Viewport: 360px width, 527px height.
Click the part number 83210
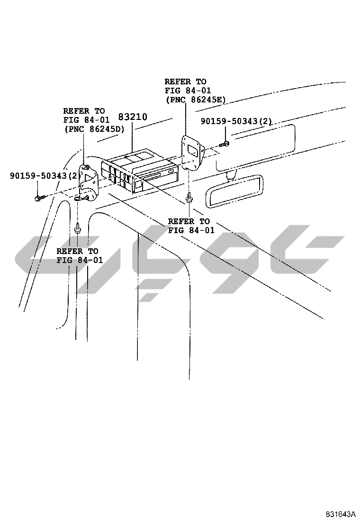point(133,117)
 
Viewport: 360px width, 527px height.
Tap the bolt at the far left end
point(39,198)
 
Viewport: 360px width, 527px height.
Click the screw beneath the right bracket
point(189,198)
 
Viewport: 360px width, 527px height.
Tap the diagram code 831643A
point(340,514)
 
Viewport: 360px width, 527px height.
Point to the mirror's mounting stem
point(231,175)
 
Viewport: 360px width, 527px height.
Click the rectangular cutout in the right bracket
point(193,151)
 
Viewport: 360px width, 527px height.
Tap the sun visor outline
point(256,147)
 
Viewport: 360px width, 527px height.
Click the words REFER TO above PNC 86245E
point(185,82)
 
